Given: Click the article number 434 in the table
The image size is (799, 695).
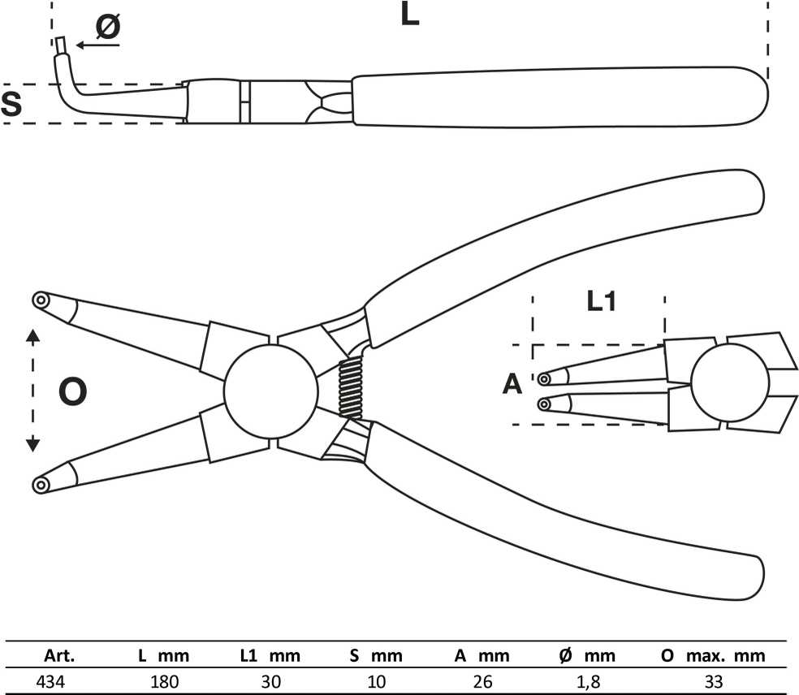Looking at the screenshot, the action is [x=50, y=681].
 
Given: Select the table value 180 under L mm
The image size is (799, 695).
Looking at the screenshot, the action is [x=165, y=681].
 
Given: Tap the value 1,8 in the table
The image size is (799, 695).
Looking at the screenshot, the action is [x=588, y=682].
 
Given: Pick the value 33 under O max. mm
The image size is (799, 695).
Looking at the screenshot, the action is [x=714, y=681].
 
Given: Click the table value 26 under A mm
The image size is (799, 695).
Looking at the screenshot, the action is [x=482, y=681].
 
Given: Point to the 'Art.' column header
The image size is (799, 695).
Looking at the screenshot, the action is [x=59, y=656].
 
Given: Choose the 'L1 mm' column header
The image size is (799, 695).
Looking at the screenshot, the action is [x=270, y=656].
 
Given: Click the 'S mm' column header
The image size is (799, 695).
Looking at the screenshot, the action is [x=376, y=656].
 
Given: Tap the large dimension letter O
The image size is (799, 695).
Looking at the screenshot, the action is [x=72, y=392].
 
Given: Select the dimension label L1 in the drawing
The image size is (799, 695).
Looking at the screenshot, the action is [x=602, y=301].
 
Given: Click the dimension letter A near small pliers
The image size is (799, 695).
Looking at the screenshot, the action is [x=512, y=384].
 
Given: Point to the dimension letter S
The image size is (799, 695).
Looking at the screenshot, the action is [x=11, y=104].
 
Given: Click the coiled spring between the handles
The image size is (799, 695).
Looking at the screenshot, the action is [x=351, y=388].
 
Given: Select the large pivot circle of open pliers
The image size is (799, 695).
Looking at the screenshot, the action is [x=271, y=391].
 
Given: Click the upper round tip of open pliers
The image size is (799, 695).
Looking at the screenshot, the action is [x=41, y=300].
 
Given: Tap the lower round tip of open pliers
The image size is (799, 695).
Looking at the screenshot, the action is [x=41, y=485].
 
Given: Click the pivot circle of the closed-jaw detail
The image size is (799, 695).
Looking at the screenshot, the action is [x=730, y=382].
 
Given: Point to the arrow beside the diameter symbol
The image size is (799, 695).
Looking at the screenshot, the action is [x=97, y=45].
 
